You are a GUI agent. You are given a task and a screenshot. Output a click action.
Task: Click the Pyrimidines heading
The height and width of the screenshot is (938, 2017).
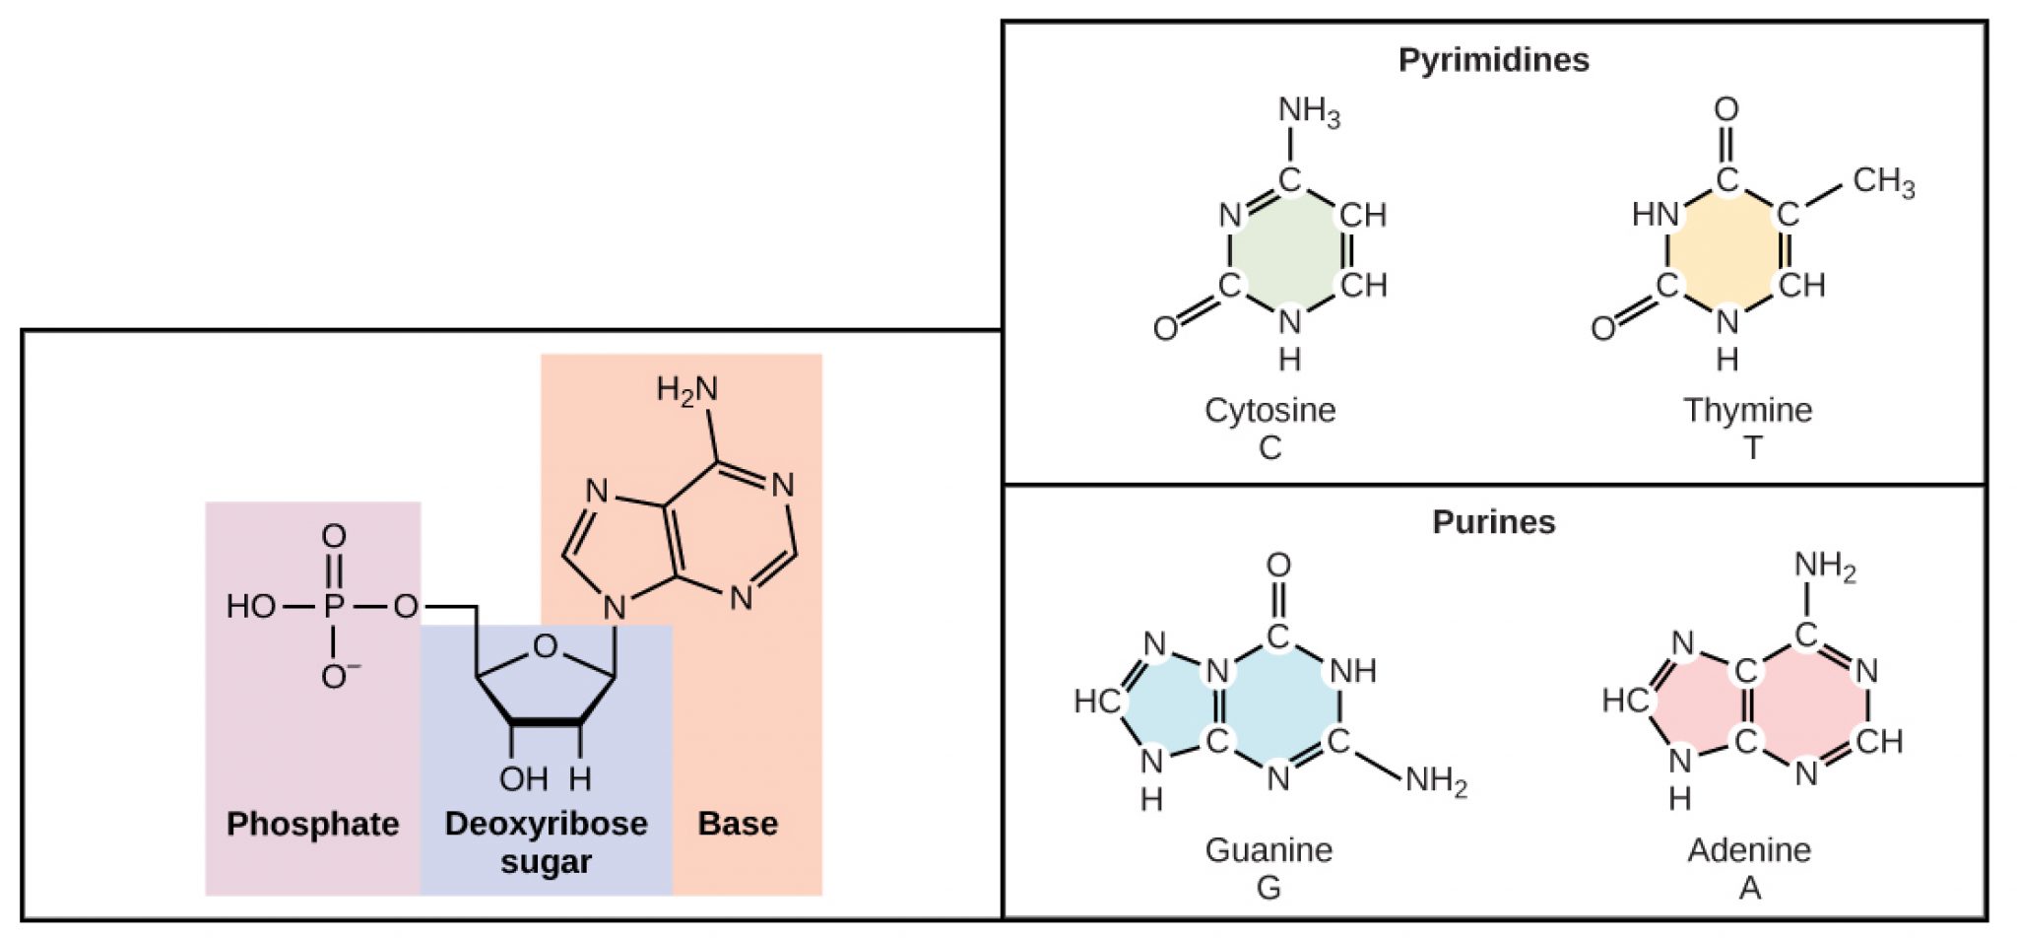[1493, 60]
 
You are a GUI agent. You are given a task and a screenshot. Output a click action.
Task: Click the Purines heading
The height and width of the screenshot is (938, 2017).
[1493, 521]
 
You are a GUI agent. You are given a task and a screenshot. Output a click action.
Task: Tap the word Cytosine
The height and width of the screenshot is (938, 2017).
[1269, 410]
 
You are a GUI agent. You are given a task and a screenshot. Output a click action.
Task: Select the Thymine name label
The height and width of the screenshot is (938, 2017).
[1747, 410]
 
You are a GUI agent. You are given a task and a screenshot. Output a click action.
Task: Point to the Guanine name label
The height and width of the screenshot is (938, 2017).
[1269, 849]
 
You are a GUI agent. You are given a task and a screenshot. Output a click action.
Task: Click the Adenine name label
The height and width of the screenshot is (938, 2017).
[1749, 849]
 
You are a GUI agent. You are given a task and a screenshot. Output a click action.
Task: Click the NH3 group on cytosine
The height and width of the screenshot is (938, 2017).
[1309, 111]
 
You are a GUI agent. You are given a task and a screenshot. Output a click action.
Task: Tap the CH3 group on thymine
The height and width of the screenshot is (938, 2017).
[1883, 182]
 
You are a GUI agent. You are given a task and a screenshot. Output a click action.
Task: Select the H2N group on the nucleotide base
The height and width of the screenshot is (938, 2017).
[686, 391]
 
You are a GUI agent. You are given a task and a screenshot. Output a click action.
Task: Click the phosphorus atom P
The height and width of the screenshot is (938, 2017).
[334, 606]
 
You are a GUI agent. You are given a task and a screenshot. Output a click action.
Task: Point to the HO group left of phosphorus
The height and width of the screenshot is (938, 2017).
[250, 606]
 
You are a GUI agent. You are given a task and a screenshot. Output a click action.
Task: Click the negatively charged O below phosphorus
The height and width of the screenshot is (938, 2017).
[337, 676]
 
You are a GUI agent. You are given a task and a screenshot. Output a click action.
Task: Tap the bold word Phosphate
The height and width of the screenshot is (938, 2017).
[312, 824]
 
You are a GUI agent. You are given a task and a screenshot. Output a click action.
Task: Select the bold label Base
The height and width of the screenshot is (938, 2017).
[738, 824]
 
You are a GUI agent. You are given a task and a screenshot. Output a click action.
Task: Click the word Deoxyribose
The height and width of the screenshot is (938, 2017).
[546, 824]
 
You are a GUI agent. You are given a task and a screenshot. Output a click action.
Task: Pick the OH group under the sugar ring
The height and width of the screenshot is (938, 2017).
[523, 779]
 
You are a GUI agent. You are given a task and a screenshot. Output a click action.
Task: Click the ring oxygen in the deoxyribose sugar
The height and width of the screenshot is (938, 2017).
[545, 647]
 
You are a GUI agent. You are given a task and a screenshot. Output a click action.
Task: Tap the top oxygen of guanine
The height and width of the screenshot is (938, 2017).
[1278, 566]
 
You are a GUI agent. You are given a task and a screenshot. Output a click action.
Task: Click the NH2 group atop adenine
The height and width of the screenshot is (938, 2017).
[1824, 567]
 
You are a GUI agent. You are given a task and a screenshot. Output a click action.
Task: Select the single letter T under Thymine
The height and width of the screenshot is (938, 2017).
[1751, 448]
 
